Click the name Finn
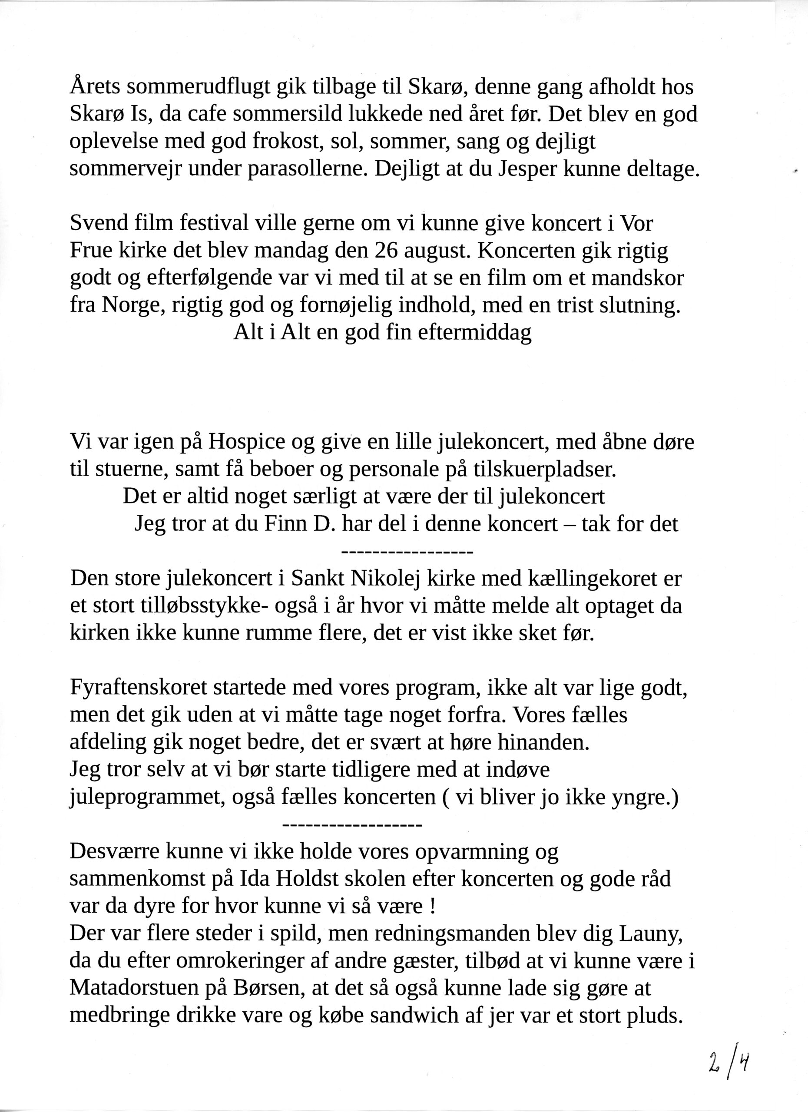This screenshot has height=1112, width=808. click(x=282, y=524)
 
